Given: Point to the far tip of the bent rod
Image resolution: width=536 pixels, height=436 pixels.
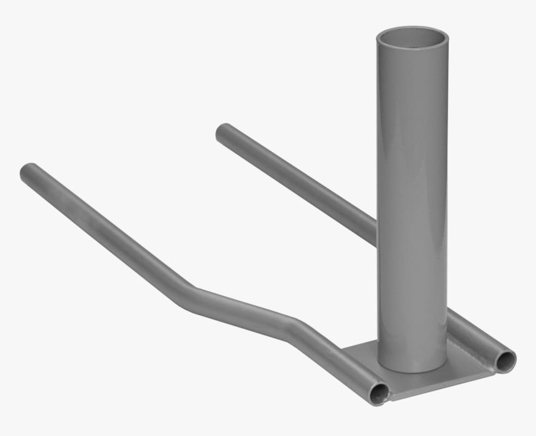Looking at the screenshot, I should tap(29, 171).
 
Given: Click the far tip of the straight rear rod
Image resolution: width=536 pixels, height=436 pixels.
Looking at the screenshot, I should tap(223, 131).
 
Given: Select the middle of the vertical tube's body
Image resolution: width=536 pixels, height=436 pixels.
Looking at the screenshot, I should tap(411, 199).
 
